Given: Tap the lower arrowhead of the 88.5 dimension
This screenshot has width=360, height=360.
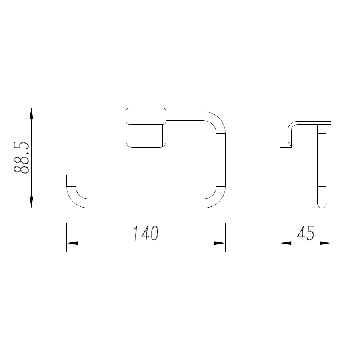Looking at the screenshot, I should [31, 202].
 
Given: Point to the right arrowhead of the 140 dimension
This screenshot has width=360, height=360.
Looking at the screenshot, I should [220, 243].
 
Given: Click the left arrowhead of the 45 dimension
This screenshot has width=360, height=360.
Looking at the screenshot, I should [285, 243].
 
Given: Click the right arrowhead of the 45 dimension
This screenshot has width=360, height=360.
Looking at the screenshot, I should [326, 243].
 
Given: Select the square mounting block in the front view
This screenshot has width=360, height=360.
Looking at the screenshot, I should [146, 127].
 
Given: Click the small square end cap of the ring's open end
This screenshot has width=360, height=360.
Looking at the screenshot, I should [71, 180].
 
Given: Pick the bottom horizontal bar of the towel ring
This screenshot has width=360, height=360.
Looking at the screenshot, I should [146, 203].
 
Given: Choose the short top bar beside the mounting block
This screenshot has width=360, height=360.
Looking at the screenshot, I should [185, 116].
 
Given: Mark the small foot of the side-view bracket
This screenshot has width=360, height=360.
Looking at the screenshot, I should [284, 144].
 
